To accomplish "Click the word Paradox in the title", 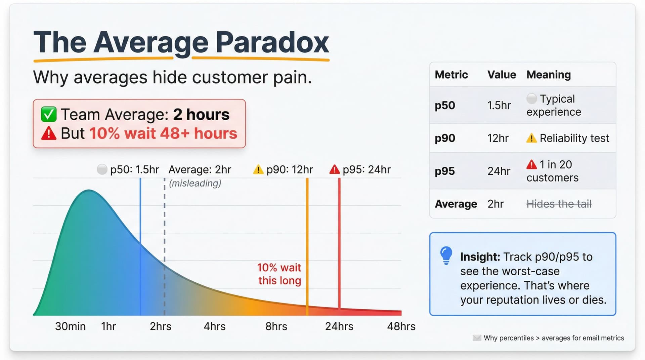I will pos(272,43).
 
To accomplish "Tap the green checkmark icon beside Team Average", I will pos(49,114).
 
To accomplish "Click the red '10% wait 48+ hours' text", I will pos(163,133).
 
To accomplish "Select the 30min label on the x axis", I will pos(70,326).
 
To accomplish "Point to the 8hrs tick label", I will pos(276,326).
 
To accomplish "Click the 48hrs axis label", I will pos(401,326).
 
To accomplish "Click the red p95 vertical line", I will pos(339,242).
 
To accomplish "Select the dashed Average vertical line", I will pos(165,229).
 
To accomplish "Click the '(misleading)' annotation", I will pos(195,183).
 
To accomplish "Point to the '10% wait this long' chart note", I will pos(279,274).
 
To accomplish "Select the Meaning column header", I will pos(548,75).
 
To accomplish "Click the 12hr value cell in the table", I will pos(498,138).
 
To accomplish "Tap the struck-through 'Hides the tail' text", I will pos(559,204).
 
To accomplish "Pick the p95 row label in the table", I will pos(445,171).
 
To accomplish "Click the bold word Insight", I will pos(480,257).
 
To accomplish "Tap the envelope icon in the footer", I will pos(477,338).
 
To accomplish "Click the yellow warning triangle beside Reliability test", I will pos(531,138).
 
